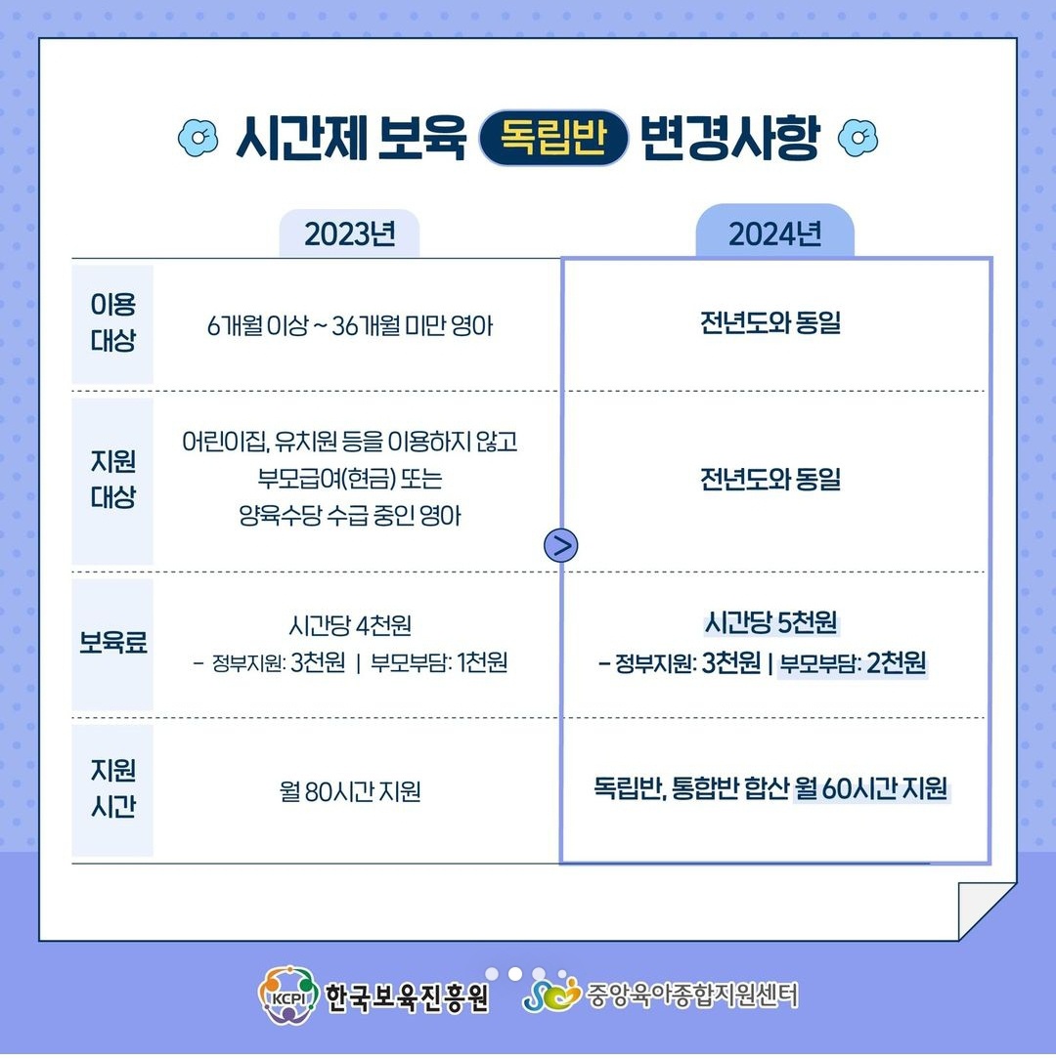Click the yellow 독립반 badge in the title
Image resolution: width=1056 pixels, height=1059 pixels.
point(553,138)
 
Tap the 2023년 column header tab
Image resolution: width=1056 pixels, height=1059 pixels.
point(349,233)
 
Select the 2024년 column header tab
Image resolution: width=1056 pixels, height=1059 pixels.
point(774,232)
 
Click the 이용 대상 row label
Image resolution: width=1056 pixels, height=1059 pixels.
point(112,322)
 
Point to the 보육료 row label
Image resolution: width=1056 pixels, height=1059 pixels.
point(112,642)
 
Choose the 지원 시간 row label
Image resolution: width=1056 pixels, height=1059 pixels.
point(112,788)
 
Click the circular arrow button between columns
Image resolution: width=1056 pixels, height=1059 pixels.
point(561,546)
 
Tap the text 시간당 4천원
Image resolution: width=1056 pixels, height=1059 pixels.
point(350,625)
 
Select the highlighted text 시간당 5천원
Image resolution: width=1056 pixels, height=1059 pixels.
point(771,622)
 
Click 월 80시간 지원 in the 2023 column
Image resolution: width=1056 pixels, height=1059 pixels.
point(350,791)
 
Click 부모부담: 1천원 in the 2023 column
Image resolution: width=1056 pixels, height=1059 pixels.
point(439,662)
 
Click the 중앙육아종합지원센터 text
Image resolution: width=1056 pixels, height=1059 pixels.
point(692,995)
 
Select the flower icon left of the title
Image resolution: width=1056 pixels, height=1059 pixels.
point(198,138)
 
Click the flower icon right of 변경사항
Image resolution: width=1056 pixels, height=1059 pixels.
point(858,138)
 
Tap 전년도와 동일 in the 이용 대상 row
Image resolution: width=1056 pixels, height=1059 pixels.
point(770,322)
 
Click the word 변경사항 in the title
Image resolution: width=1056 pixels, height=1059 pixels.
point(730,139)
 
